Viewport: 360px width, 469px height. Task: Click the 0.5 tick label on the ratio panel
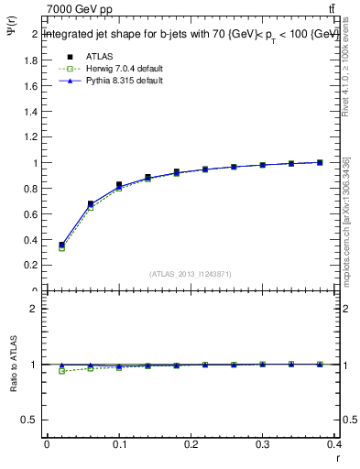pos(31,420)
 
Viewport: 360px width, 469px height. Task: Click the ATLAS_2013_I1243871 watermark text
pos(189,274)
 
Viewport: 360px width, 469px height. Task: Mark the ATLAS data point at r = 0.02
pos(61,245)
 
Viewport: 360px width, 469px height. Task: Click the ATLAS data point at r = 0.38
pos(320,162)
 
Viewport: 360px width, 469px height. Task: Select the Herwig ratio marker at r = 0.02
pos(61,371)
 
